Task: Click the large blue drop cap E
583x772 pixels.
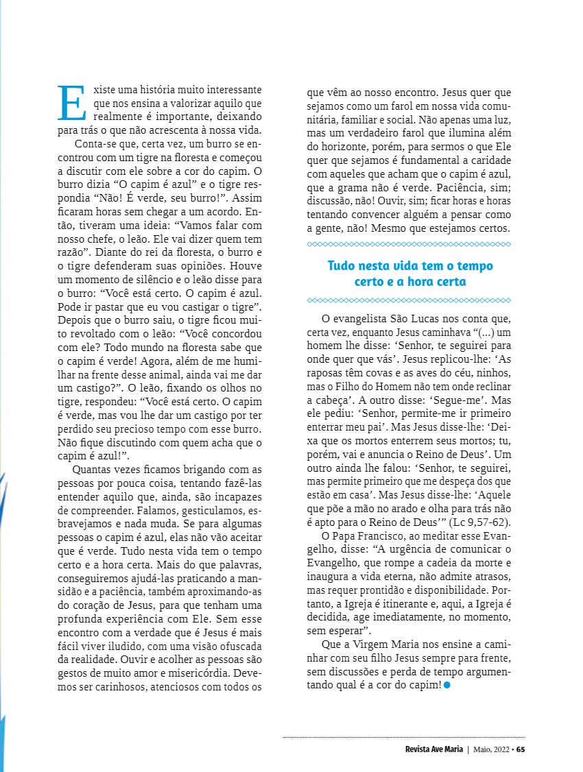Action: click(x=71, y=102)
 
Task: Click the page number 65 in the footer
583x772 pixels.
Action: click(x=521, y=749)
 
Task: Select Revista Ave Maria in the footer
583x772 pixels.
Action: click(x=434, y=749)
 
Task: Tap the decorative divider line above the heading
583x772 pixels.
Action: click(x=409, y=244)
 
